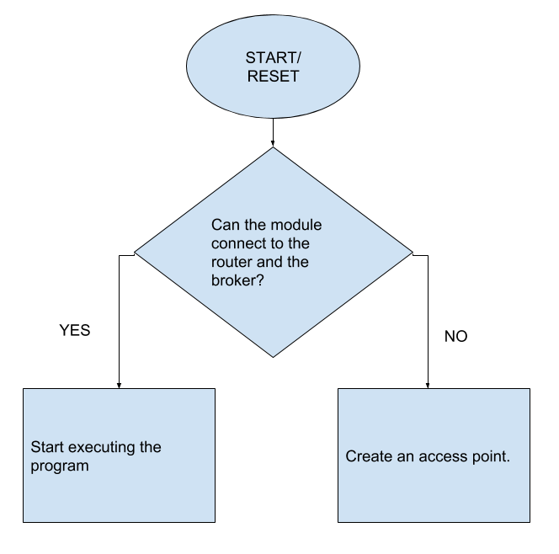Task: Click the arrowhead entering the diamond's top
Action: point(273,142)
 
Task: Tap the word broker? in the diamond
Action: point(237,280)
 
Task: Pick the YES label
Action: point(74,331)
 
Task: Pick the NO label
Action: point(455,337)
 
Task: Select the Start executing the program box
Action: point(119,455)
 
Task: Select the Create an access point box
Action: point(434,455)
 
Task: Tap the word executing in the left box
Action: point(103,447)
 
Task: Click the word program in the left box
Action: point(60,466)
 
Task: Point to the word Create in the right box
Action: point(368,456)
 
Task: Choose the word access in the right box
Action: point(444,456)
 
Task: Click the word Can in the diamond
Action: point(225,226)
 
